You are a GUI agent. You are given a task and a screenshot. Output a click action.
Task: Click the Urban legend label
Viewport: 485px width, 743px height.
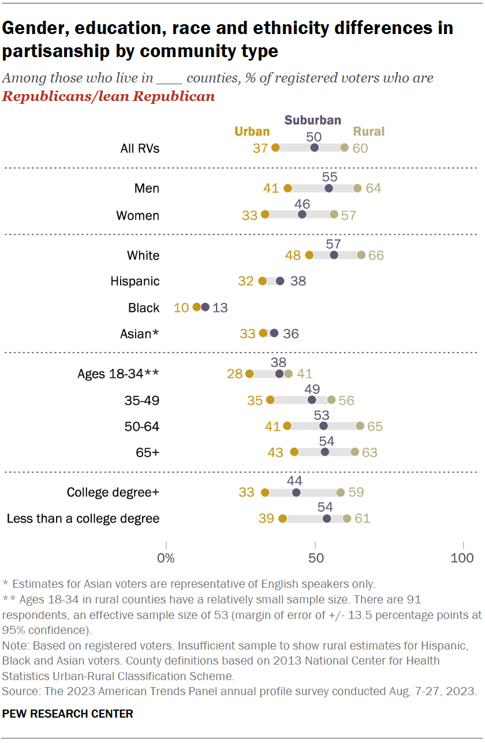pyautogui.click(x=251, y=132)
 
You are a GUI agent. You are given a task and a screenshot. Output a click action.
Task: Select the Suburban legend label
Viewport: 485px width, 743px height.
pyautogui.click(x=312, y=120)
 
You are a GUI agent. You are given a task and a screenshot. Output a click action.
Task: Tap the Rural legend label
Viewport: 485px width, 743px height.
pyautogui.click(x=369, y=132)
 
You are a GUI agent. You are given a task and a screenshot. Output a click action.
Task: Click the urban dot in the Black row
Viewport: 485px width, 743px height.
pyautogui.click(x=197, y=307)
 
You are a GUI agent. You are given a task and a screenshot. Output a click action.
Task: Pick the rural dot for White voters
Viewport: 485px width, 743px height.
pyautogui.click(x=361, y=255)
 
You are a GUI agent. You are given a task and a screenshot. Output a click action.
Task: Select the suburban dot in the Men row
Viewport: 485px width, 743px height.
pyautogui.click(x=329, y=188)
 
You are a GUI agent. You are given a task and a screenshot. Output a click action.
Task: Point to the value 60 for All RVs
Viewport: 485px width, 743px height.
pyautogui.click(x=361, y=148)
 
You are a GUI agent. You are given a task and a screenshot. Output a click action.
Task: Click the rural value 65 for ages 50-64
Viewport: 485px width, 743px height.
pyautogui.click(x=375, y=426)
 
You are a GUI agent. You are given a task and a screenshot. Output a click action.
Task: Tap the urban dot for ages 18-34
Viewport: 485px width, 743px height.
pyautogui.click(x=249, y=374)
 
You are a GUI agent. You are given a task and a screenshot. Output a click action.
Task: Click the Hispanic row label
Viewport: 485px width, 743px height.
pyautogui.click(x=135, y=282)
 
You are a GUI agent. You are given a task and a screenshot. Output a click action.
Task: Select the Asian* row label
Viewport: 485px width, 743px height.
pyautogui.click(x=139, y=333)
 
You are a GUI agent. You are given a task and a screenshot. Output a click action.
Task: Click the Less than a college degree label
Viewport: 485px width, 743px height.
pyautogui.click(x=83, y=519)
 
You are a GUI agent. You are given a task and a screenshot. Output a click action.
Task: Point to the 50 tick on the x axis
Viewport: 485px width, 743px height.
pyautogui.click(x=315, y=558)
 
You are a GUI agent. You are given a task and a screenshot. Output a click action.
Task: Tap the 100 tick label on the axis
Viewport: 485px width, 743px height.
pyautogui.click(x=462, y=558)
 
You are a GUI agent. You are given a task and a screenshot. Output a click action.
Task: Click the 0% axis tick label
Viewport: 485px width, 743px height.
pyautogui.click(x=166, y=558)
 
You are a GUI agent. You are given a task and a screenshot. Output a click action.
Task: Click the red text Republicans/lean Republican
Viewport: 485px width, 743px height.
pyautogui.click(x=109, y=96)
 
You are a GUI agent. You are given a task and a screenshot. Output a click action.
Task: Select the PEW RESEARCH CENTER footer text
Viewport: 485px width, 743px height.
pyautogui.click(x=68, y=714)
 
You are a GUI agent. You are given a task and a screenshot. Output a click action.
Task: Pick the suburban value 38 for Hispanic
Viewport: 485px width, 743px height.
pyautogui.click(x=298, y=282)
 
